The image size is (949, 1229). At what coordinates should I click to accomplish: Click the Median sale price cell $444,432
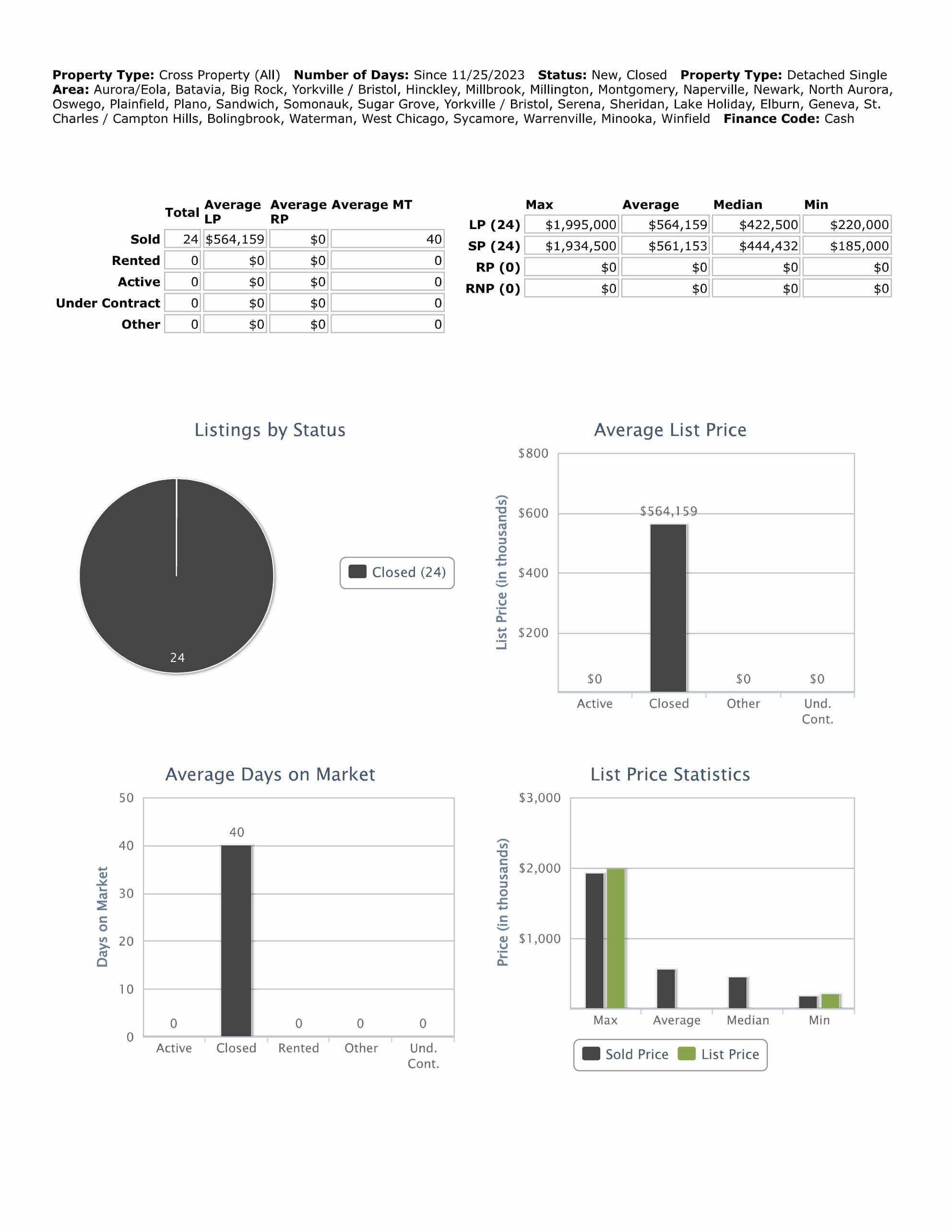coord(756,246)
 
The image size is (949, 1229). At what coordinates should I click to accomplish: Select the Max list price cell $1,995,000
coord(571,225)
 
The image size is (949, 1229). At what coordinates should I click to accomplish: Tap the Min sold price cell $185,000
coord(847,246)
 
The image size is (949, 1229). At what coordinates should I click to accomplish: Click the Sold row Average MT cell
coord(387,239)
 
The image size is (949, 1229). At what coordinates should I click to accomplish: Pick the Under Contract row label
coord(108,303)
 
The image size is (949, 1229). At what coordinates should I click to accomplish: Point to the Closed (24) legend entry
coord(397,572)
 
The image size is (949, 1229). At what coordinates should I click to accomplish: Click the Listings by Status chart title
coord(270,430)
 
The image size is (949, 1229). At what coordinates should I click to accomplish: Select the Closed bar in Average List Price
coord(668,608)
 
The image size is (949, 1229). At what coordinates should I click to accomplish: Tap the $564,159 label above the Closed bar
coord(668,511)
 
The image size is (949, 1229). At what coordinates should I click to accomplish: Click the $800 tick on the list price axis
coord(533,454)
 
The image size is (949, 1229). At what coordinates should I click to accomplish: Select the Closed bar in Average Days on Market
coord(236,940)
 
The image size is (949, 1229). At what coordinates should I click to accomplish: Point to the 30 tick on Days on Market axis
coord(126,893)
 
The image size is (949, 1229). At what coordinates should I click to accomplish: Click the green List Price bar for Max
coord(616,938)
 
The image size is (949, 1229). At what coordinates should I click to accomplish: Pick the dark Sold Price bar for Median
coord(737,992)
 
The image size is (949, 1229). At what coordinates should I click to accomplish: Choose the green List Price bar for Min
coord(830,1001)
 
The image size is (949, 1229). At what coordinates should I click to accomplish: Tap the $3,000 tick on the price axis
coord(539,798)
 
